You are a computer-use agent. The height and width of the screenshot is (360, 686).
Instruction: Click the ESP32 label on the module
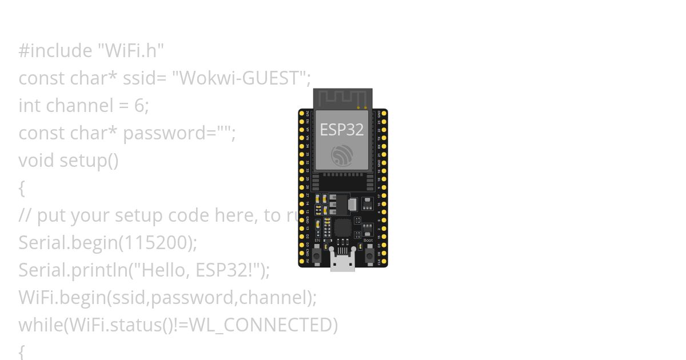coord(341,130)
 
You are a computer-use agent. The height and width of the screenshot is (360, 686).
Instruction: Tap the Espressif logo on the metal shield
coord(342,155)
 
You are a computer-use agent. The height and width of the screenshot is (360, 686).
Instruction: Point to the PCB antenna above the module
coord(342,98)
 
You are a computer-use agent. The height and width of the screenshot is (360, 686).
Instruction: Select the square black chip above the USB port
coord(342,228)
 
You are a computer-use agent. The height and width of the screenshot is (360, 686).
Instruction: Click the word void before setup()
coord(37,161)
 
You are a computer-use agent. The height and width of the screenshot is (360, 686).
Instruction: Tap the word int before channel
coord(29,106)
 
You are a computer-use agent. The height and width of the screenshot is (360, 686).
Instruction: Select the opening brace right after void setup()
coord(22,188)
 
